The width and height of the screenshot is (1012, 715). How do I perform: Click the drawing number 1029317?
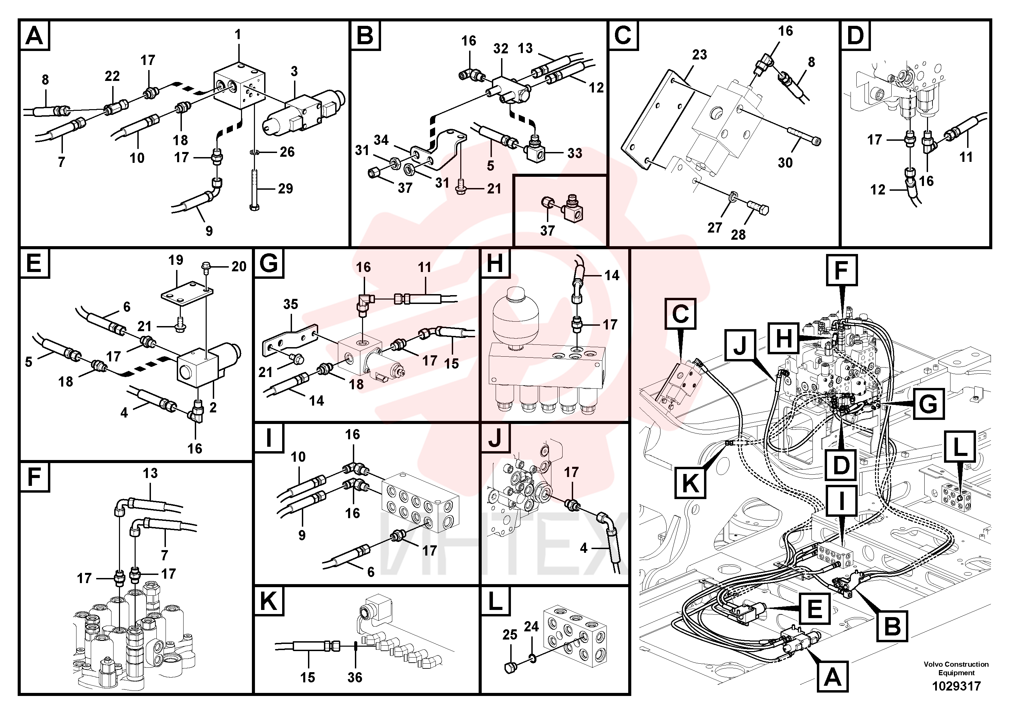[x=956, y=686]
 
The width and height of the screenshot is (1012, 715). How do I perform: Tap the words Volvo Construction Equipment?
[x=956, y=668]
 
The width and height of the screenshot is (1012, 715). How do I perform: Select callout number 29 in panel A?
[x=285, y=189]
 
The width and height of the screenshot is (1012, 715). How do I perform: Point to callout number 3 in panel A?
[x=294, y=71]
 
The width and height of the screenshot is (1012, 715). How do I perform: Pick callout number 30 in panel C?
[x=785, y=163]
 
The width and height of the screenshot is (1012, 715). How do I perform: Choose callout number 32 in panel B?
[x=501, y=49]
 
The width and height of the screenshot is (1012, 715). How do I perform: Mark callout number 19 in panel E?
[x=175, y=260]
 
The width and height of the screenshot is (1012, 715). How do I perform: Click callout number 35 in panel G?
[x=290, y=304]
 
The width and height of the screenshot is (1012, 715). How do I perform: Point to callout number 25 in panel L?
[x=510, y=635]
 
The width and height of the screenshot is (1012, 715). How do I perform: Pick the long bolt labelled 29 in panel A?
[x=254, y=188]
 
